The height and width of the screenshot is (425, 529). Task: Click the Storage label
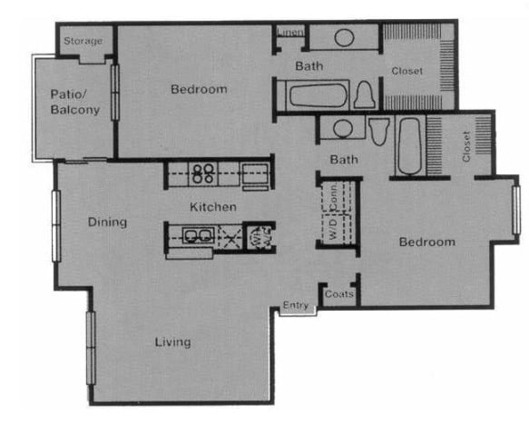point(83,41)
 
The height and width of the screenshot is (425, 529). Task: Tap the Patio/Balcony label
point(74,102)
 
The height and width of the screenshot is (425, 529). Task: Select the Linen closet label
point(288,34)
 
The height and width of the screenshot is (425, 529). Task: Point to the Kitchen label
point(213,207)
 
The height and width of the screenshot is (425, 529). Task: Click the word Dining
point(107,222)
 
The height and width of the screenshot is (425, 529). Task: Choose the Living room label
point(172,342)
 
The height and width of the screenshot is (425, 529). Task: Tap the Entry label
point(295,305)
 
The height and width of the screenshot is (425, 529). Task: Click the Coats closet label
point(338,295)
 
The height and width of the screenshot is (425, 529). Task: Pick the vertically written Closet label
point(466,145)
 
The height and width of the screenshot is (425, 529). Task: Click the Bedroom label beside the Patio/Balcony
point(199,89)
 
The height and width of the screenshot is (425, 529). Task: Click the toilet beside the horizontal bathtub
point(365,94)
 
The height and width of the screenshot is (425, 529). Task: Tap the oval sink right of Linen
point(345,38)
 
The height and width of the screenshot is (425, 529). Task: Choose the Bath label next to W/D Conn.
point(343,160)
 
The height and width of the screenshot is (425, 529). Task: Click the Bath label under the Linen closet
point(309,65)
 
